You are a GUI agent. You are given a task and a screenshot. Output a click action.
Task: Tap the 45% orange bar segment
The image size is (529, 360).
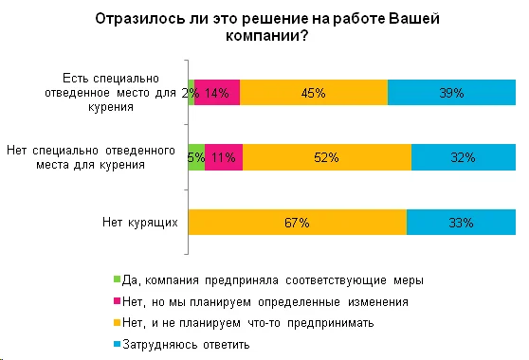pos(314,92)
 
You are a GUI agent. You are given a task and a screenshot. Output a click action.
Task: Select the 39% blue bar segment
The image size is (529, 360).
pos(451,92)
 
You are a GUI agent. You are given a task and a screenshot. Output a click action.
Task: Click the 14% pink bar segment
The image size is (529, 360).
pos(217,92)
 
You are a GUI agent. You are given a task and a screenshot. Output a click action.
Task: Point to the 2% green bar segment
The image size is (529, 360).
pos(192,92)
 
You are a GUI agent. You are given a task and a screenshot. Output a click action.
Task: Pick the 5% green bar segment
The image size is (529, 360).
pos(197,157)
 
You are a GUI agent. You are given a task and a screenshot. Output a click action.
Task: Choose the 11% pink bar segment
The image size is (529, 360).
pos(224,157)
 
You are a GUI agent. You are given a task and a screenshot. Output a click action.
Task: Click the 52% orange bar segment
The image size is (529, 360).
pos(327,157)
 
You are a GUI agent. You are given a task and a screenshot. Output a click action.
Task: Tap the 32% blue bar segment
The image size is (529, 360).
pos(463,157)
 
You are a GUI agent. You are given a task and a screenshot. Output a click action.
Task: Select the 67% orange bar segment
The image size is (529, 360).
pos(298,223)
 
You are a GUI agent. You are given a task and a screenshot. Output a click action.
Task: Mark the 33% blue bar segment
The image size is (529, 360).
pos(461,223)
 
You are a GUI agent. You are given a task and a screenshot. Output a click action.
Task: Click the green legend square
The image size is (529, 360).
pos(116,279)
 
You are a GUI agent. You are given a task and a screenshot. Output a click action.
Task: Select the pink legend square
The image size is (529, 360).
pos(116,301)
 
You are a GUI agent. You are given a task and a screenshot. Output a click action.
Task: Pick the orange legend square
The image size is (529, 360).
pos(116,322)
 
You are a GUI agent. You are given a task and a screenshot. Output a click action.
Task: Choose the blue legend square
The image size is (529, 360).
pos(116,344)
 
